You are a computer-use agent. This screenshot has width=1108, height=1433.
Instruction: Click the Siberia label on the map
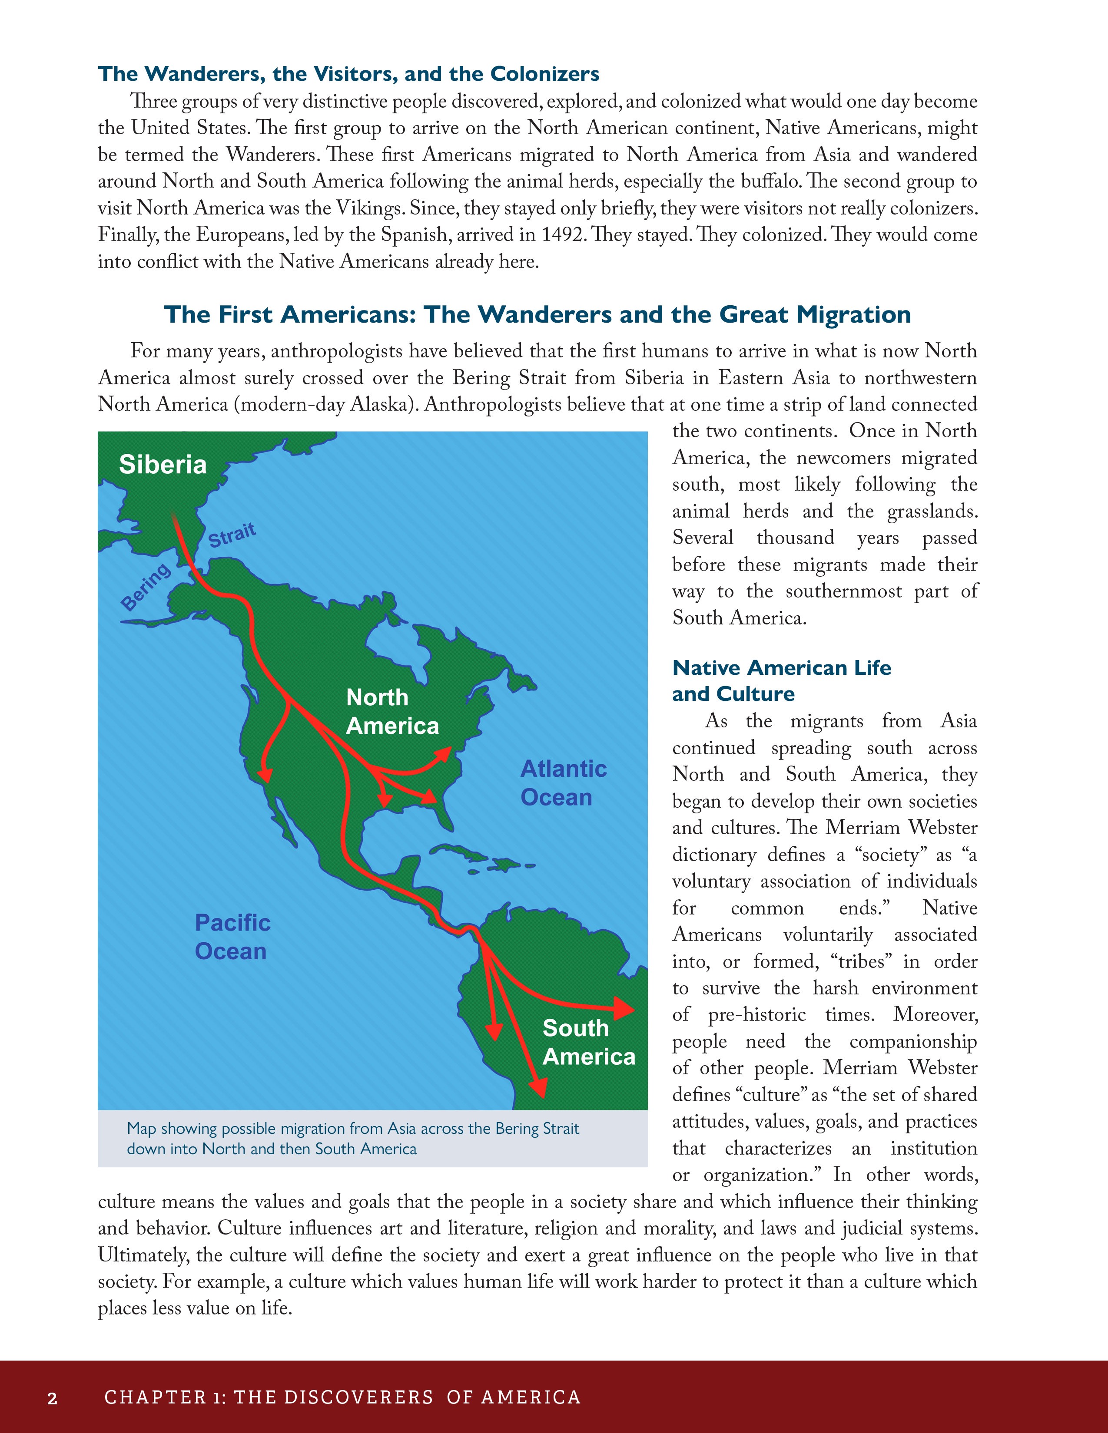[163, 465]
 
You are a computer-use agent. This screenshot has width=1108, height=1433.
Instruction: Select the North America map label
[392, 712]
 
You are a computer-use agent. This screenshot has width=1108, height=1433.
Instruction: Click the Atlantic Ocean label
[563, 783]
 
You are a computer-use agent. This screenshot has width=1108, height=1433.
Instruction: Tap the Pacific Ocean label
[232, 937]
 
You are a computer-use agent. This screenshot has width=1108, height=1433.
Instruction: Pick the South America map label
[588, 1042]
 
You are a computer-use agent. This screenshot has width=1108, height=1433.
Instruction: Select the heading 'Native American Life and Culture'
[781, 680]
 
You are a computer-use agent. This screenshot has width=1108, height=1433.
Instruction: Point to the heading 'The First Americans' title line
[537, 314]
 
